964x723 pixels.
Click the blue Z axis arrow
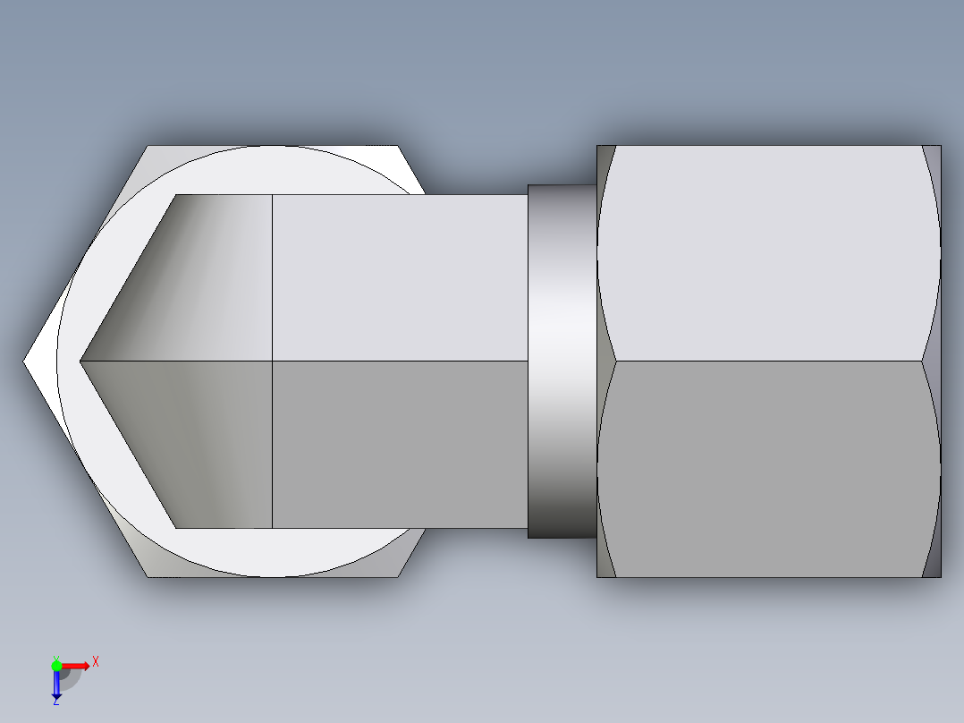coord(56,685)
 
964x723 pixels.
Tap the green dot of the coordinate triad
coord(56,665)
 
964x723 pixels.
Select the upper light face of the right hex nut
coord(769,255)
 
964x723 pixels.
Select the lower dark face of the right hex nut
coord(769,470)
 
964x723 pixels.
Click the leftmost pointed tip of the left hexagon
coord(26,361)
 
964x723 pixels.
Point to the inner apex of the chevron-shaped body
coord(82,361)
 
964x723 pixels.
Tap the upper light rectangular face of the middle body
coord(398,277)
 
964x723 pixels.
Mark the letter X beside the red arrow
coord(96,662)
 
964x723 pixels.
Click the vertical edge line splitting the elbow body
coord(272,268)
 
